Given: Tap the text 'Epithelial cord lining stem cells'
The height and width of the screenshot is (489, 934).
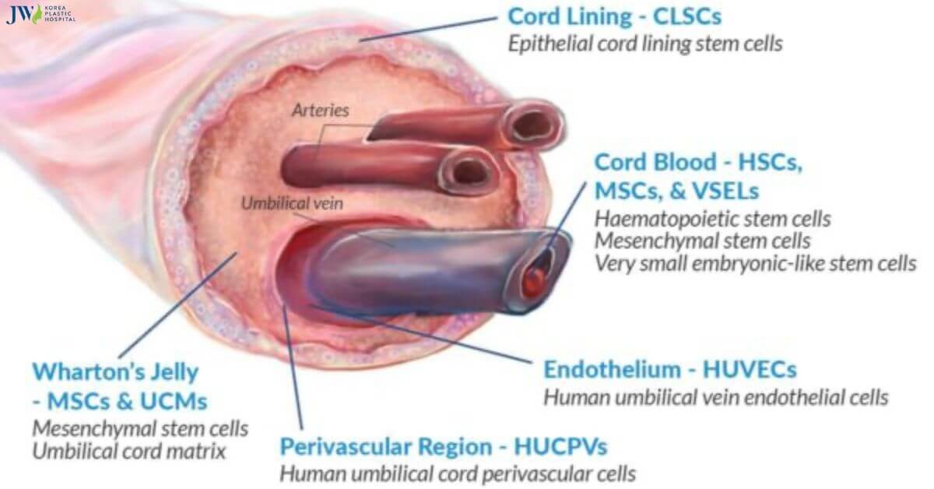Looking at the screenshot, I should (644, 44).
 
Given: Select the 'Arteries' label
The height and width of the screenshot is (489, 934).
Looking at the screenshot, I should (320, 110).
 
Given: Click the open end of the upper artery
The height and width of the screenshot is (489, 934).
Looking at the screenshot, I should (535, 123).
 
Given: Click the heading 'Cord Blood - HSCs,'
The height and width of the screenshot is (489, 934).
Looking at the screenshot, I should (697, 162).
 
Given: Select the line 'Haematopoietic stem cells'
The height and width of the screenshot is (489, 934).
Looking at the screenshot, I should (712, 219).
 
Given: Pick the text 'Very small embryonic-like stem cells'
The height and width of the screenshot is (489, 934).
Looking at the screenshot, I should (755, 263).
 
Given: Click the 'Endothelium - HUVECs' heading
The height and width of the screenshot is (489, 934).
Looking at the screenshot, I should (669, 369).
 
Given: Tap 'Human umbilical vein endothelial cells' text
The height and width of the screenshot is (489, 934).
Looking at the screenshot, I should (715, 397).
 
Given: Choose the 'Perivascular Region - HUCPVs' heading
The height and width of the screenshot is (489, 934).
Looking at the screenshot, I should (444, 446).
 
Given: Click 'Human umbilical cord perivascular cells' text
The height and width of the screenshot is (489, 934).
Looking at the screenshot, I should (458, 473).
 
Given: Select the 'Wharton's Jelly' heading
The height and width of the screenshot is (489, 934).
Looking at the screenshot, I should (115, 371).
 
